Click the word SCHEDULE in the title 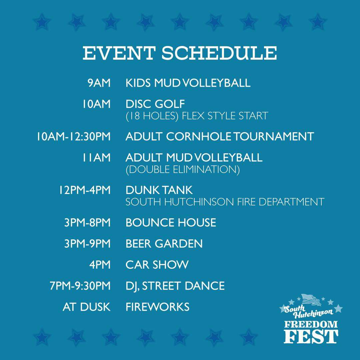(219, 53)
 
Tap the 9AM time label (99, 83)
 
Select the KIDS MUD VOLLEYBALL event (188, 83)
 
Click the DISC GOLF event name (155, 104)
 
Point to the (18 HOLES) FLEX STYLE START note (197, 116)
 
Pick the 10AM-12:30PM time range (74, 136)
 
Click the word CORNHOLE (199, 136)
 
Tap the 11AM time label (97, 157)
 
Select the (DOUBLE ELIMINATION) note (183, 169)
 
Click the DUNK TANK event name (159, 190)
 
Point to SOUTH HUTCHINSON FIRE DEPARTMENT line (225, 202)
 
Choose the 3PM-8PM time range (87, 223)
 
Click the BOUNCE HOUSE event (171, 223)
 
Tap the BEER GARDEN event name (164, 244)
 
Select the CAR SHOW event (157, 265)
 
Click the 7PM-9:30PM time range (80, 286)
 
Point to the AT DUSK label (87, 307)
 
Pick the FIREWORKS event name (157, 307)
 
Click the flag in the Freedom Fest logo (311, 300)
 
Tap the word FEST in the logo (311, 337)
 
